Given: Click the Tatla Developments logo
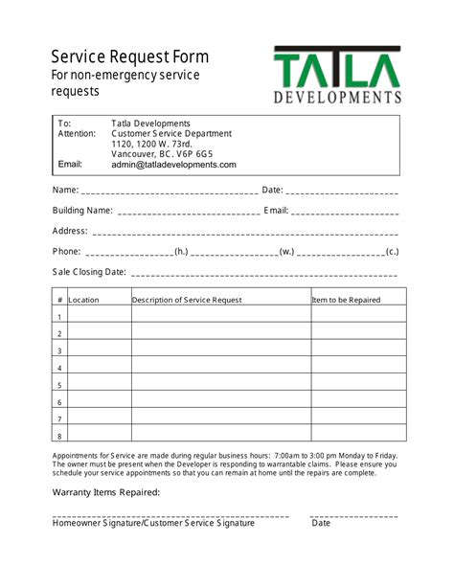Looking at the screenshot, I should coord(337,75).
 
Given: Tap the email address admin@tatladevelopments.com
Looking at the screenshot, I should coord(173,165).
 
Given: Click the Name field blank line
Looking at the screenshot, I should coord(170,191).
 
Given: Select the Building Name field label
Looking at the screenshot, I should coord(82,211).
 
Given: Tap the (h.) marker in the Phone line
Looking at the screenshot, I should coord(181,252).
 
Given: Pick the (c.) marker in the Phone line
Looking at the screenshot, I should coord(392,252).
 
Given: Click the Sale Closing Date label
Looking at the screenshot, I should coord(89,272).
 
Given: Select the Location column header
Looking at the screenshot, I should coord(83,300).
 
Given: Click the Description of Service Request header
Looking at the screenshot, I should coord(187,300).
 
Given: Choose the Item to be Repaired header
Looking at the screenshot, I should coord(346,300).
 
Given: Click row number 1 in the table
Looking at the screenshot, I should coord(59,317).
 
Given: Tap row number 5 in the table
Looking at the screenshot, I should coord(59,385).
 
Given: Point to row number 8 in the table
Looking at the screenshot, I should coord(59,436).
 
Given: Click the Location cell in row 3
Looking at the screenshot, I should coord(99,350).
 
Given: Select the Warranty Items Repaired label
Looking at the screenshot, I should coord(106,492).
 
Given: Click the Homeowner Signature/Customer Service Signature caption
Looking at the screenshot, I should coord(153,523).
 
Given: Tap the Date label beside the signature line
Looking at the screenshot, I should coord(321,523).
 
